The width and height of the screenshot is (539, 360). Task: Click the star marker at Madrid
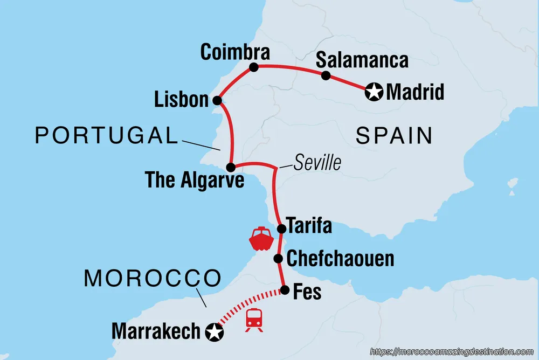(373, 92)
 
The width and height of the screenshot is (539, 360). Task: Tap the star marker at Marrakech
(215, 332)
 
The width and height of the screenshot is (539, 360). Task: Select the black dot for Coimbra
(254, 68)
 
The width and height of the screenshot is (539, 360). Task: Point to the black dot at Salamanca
(326, 76)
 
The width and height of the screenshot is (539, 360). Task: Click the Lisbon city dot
(217, 100)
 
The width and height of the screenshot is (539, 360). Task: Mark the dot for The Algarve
(230, 167)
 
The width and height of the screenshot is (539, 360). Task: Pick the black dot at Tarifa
(281, 229)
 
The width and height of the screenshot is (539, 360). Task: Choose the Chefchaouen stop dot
(278, 259)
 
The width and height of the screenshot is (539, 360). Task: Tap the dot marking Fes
(285, 291)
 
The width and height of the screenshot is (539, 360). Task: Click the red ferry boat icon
(260, 238)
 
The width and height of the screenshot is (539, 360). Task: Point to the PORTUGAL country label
(106, 136)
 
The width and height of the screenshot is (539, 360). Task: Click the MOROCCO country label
(153, 278)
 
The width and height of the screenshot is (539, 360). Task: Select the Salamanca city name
(362, 60)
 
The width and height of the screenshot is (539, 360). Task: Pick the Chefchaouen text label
(340, 259)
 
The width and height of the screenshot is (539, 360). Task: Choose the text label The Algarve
(195, 180)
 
